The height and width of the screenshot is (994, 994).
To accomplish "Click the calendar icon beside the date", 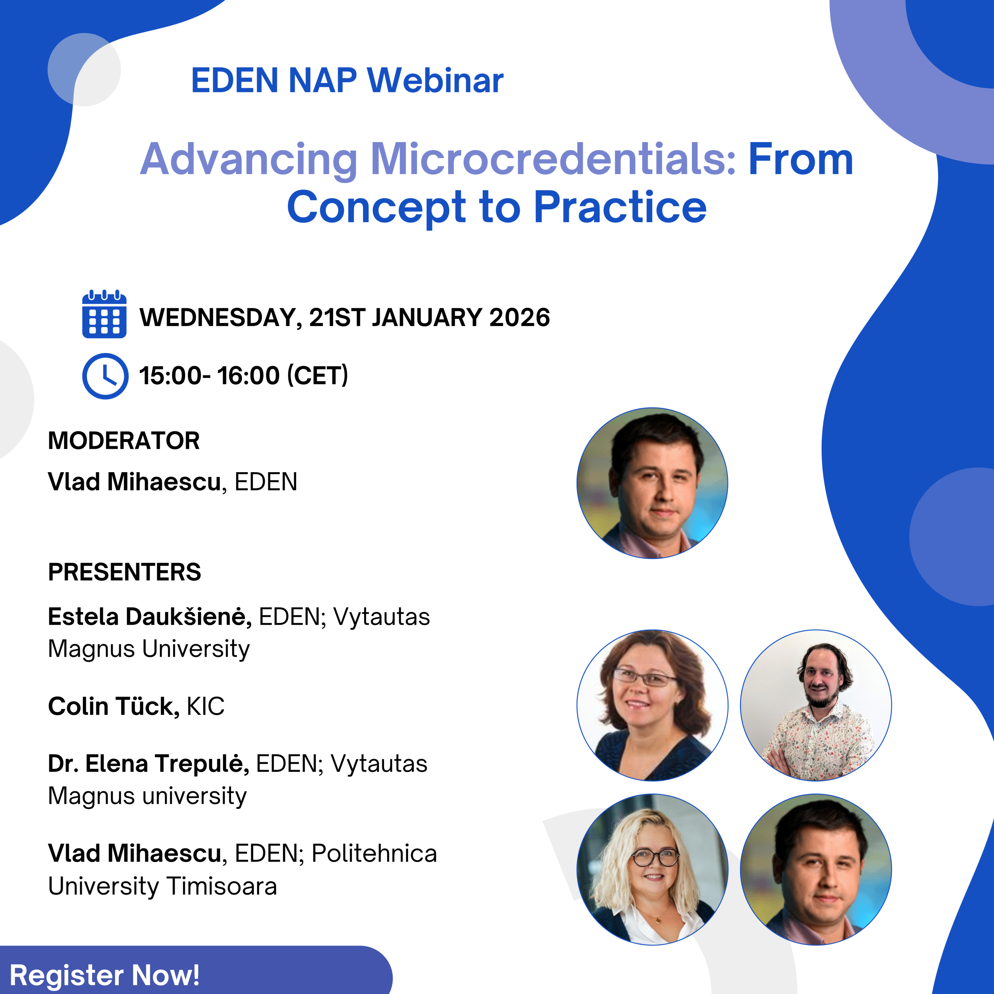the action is click(x=104, y=314).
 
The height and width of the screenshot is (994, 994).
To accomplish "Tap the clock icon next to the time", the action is click(x=106, y=376).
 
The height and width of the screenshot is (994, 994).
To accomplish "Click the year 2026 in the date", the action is click(x=520, y=318).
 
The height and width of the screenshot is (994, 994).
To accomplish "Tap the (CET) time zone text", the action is click(x=318, y=375).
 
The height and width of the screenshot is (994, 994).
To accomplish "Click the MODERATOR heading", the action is click(x=124, y=441).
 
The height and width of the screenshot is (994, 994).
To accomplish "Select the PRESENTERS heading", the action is click(x=125, y=572).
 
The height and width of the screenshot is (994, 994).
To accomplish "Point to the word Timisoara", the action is click(x=222, y=886).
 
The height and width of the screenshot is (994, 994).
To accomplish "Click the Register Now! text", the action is click(x=104, y=975).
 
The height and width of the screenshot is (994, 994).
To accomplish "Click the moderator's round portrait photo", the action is click(x=652, y=483).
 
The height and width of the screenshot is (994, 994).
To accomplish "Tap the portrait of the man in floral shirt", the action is click(x=816, y=706).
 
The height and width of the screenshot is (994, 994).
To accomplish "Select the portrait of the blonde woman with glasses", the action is click(x=652, y=869).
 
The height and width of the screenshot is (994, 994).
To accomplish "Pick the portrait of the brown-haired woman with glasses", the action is click(x=652, y=706).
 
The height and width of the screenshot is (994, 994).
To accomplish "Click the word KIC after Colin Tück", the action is click(x=206, y=706).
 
